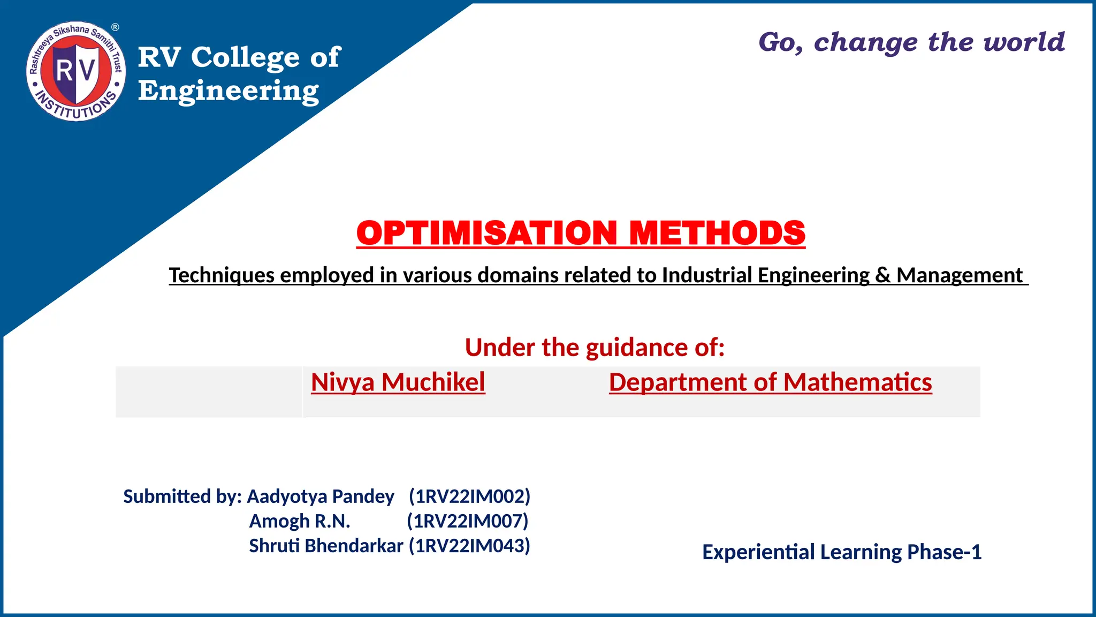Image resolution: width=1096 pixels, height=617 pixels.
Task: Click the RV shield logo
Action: point(76,71)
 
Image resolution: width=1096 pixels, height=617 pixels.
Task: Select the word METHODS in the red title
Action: point(717,233)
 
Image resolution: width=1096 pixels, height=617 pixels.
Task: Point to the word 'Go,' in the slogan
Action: point(781,42)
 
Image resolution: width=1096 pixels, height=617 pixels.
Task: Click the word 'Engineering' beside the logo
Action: point(229,91)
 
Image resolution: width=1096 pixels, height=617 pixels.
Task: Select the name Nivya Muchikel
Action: point(398,382)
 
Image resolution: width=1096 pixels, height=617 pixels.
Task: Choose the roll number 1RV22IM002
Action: point(469,496)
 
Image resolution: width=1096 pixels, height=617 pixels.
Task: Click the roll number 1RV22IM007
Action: point(468,521)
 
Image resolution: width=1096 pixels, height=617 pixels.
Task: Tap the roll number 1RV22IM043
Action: point(469,546)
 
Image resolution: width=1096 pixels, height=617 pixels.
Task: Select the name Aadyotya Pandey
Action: point(320,496)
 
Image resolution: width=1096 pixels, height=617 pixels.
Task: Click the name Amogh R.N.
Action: point(300,521)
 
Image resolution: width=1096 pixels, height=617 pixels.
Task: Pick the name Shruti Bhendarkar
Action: point(326,546)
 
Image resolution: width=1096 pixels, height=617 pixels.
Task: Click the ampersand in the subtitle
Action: point(882,275)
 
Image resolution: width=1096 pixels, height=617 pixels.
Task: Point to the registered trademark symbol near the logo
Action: point(115,27)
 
